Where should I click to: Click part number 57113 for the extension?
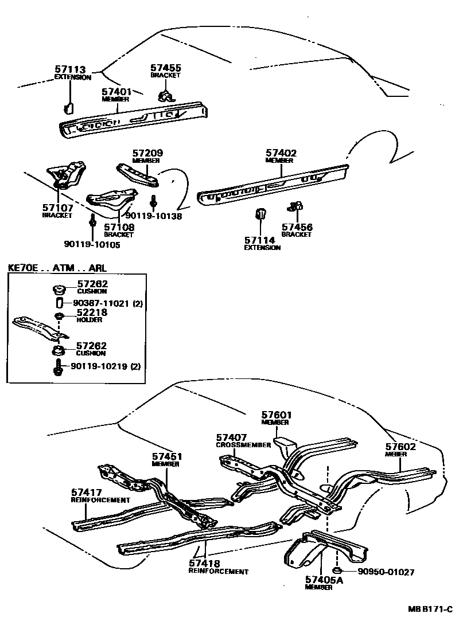69,70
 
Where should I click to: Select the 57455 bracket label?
165,68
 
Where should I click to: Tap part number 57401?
116,92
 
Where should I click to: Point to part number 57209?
147,154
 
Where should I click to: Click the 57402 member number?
281,154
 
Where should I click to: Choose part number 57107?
57,208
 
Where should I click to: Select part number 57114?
259,240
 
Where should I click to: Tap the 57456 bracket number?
297,228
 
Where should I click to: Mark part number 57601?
277,415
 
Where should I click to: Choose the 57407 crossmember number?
231,437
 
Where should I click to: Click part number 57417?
87,493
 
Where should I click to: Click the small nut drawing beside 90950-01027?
339,570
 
